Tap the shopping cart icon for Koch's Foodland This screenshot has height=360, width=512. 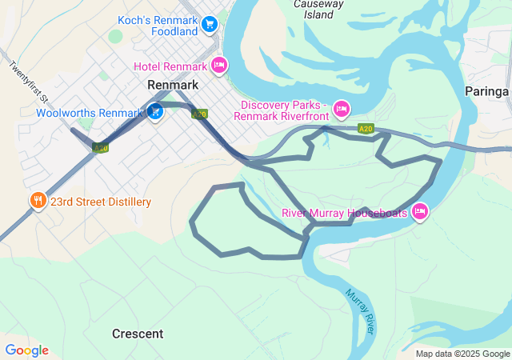[210, 25]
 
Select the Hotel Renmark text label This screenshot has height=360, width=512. [170, 66]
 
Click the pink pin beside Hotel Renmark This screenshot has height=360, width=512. [218, 65]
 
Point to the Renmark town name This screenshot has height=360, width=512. [173, 84]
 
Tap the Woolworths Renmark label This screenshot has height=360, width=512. [89, 113]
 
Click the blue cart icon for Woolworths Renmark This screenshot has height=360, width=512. [155, 112]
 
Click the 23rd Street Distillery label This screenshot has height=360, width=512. [101, 202]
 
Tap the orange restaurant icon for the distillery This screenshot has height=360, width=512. [37, 201]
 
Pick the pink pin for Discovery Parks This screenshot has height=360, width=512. [342, 108]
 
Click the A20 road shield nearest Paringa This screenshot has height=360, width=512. [366, 128]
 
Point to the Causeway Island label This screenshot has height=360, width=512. [318, 9]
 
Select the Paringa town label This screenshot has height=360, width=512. [486, 92]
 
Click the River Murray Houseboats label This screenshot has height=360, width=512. [345, 213]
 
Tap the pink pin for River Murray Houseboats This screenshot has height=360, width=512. [420, 212]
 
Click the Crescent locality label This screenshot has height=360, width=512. [138, 334]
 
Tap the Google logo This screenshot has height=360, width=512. [26, 350]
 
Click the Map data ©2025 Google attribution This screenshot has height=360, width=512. [462, 354]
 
